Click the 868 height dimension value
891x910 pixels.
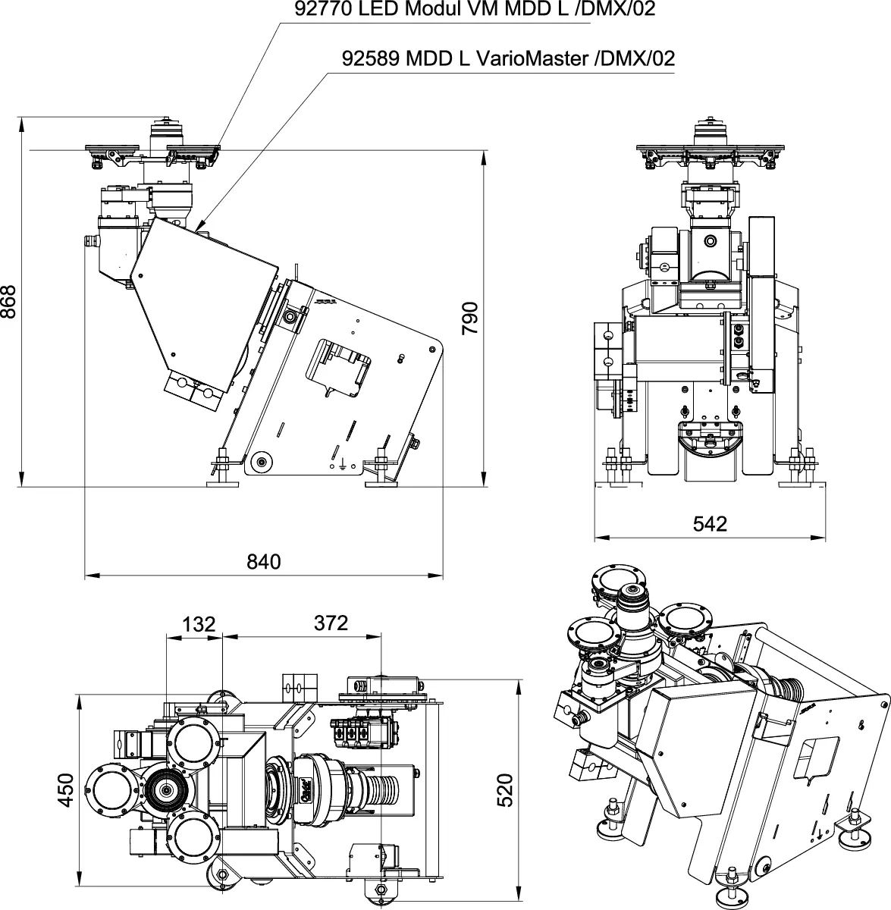click(10, 302)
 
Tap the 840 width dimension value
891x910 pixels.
click(264, 562)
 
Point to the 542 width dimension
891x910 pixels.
click(710, 524)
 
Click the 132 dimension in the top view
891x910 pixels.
click(199, 624)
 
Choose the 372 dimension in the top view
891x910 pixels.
click(331, 623)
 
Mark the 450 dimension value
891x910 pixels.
click(66, 789)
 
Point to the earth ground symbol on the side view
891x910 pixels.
click(343, 464)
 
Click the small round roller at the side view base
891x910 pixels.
click(262, 461)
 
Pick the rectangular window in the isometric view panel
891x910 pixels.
click(815, 758)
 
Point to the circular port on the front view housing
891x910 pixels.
click(709, 241)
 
